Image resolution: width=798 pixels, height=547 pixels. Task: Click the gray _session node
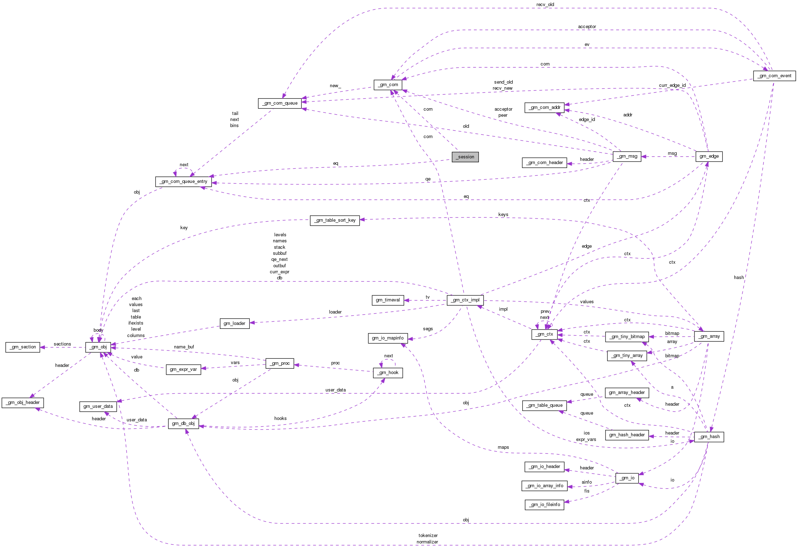(465, 157)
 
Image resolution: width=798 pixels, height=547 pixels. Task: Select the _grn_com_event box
(774, 76)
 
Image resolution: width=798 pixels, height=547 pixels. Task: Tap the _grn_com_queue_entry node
(184, 182)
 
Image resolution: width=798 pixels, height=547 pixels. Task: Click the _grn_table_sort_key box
(334, 220)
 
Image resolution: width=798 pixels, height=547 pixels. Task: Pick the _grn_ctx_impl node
(465, 300)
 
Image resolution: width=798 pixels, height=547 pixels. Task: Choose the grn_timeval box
(387, 300)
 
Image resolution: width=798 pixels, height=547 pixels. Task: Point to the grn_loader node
(234, 324)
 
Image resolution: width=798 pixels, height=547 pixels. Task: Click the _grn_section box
(23, 347)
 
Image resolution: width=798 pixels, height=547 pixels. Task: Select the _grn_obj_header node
(23, 403)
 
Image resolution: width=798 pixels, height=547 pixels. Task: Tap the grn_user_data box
(98, 406)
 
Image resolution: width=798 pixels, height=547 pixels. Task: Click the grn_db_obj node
(183, 424)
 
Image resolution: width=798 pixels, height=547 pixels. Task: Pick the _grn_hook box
(388, 373)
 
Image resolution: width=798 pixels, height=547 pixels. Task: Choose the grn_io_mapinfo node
(387, 338)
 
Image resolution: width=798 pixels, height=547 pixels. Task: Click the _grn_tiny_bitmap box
(627, 337)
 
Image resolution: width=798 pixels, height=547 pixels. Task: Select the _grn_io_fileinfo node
(544, 505)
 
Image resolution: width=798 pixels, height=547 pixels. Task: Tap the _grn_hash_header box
(627, 435)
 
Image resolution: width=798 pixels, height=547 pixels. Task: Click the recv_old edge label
(545, 5)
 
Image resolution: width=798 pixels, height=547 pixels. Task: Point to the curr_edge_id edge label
(672, 85)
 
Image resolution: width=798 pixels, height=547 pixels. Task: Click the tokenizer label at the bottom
(428, 536)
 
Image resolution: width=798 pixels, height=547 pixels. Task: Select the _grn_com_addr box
(544, 107)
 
